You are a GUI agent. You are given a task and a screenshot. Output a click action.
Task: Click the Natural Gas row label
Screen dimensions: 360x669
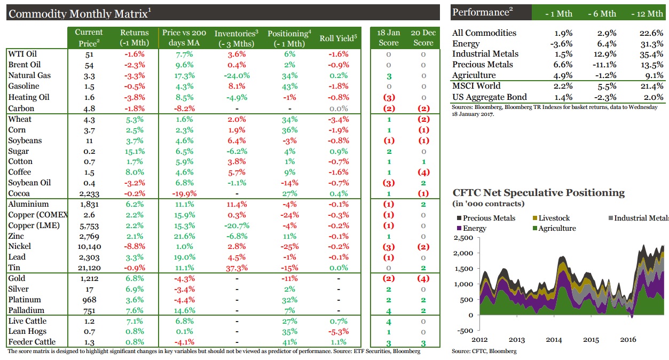pos(29,75)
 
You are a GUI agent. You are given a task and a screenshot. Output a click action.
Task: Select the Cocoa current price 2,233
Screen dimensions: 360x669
pos(89,193)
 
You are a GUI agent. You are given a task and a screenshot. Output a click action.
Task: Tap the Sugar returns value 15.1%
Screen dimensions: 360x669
pos(134,151)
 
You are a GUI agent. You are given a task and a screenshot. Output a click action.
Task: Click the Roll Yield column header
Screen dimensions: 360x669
pos(338,38)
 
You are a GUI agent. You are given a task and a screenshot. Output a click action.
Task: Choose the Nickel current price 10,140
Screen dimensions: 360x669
pos(89,246)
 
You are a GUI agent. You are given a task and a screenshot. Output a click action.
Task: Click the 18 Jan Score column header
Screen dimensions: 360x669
pos(388,37)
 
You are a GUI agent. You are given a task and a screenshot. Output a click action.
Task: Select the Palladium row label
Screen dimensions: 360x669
pos(26,310)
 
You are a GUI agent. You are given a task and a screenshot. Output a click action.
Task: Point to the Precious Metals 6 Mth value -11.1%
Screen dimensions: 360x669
pos(602,65)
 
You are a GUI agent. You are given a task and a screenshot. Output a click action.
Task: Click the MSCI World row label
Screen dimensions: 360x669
pos(476,86)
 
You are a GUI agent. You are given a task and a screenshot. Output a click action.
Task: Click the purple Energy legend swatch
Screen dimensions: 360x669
pos(458,229)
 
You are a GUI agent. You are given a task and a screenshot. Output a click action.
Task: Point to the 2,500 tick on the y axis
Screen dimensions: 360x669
pos(463,238)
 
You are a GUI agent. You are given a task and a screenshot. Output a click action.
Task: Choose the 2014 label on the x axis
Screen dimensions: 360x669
pos(554,340)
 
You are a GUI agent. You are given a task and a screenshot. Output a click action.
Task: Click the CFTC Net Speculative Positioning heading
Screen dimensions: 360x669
pos(538,193)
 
